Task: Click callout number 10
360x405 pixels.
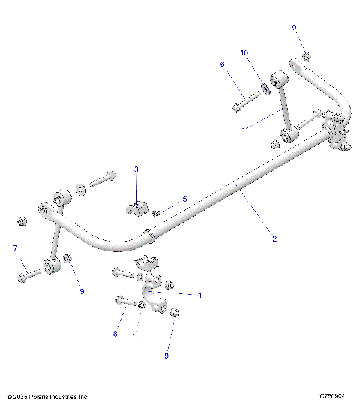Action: [x=244, y=52]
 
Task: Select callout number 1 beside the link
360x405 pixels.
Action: [x=244, y=129]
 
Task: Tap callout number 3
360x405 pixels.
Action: [x=136, y=170]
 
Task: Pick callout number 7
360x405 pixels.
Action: [x=14, y=247]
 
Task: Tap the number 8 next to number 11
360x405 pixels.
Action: [x=115, y=334]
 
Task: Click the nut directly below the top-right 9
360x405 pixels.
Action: [x=306, y=56]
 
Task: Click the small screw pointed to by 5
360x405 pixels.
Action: [x=157, y=213]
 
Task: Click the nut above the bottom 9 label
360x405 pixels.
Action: [x=175, y=312]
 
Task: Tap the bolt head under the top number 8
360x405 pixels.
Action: [x=236, y=107]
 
